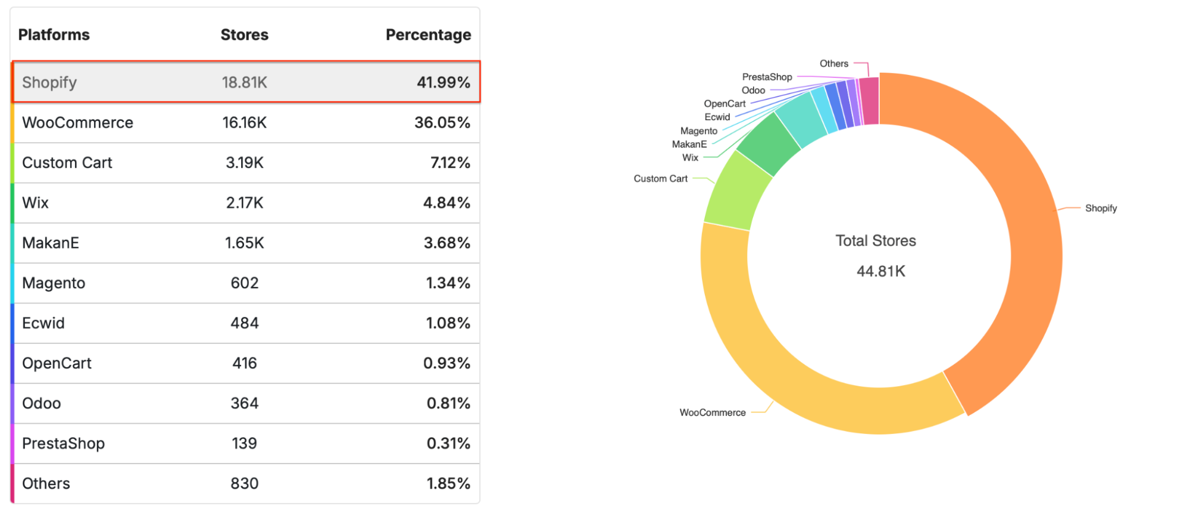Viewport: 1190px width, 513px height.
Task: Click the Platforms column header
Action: click(x=54, y=35)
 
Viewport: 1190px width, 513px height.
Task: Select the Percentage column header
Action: click(x=428, y=35)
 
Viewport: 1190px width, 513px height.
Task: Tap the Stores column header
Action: click(x=244, y=35)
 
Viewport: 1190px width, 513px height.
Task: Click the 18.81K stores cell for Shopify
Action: click(x=244, y=83)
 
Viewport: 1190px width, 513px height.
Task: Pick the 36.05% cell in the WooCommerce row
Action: click(x=442, y=123)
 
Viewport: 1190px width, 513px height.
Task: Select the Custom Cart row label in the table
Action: click(x=67, y=163)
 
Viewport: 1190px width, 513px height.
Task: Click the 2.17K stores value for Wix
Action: click(x=244, y=203)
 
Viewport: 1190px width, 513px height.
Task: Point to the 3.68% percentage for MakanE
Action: click(x=446, y=243)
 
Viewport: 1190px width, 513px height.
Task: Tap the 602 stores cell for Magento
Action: click(x=244, y=283)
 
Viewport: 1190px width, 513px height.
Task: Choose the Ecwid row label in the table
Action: click(x=43, y=323)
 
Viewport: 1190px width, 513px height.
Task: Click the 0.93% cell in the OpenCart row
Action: click(x=446, y=363)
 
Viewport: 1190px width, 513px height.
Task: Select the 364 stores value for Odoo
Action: click(x=244, y=403)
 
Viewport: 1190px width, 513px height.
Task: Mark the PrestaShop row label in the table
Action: click(x=63, y=444)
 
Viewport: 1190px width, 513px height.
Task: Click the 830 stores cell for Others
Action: click(x=244, y=484)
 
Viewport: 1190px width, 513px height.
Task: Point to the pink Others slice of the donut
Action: click(x=870, y=101)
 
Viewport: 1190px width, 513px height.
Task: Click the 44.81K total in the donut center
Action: click(x=880, y=272)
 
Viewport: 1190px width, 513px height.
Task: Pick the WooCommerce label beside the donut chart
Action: click(x=713, y=413)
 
